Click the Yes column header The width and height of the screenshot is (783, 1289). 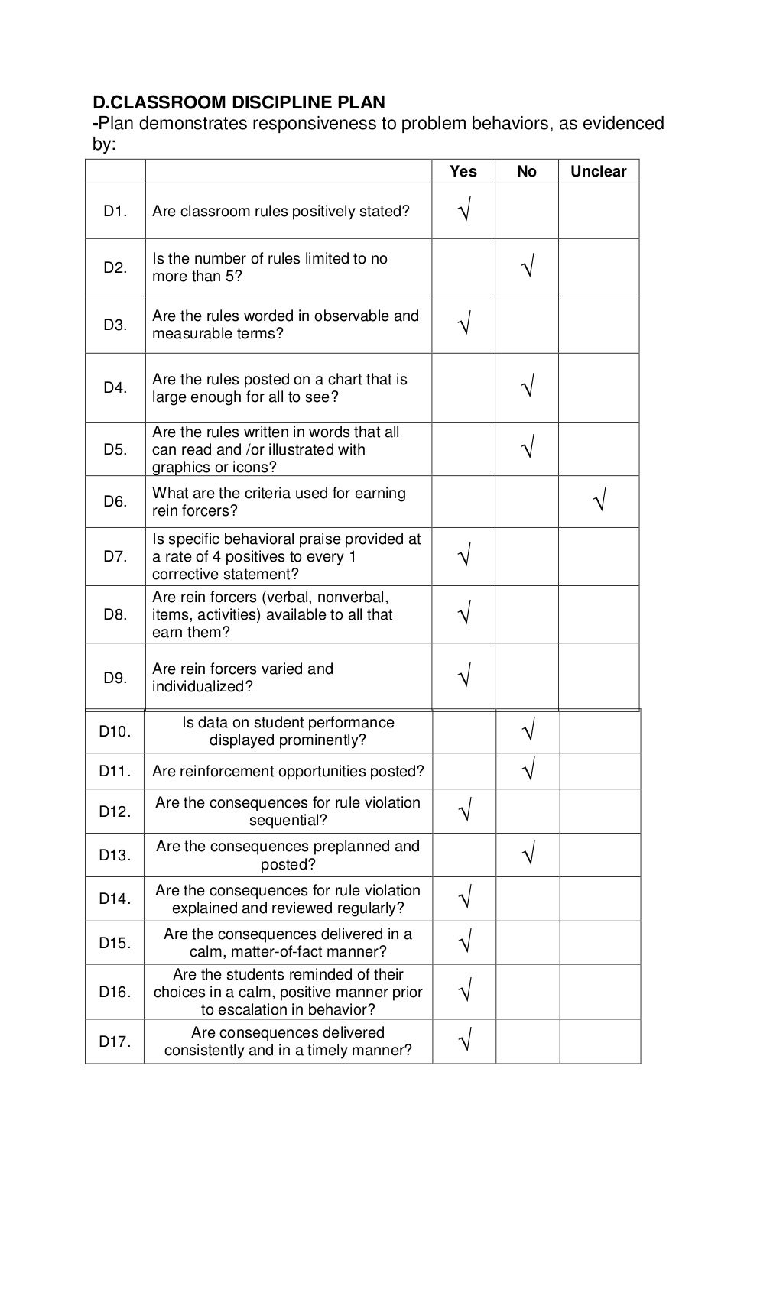point(463,171)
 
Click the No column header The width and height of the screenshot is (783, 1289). point(526,171)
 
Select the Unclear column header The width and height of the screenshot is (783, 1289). point(598,171)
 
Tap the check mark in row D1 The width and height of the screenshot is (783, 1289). point(464,209)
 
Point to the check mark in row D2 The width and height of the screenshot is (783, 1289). point(527,267)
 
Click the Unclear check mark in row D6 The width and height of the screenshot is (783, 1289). point(599,501)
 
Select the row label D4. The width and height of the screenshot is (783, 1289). point(115,387)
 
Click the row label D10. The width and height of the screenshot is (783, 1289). point(115,731)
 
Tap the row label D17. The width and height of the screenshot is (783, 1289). point(115,1041)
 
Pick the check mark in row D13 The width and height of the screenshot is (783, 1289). point(528,853)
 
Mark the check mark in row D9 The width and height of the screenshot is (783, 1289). point(464,675)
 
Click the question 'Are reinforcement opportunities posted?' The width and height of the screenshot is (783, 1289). point(288,771)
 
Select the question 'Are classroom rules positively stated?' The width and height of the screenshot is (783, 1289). point(281,211)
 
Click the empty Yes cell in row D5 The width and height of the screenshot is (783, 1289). point(463,449)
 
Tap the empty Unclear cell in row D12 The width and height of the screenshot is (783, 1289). point(599,811)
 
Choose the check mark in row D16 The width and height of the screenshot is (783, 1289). point(464,992)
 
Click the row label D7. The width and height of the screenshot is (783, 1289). point(115,556)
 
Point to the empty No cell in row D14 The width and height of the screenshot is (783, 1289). point(527,899)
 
